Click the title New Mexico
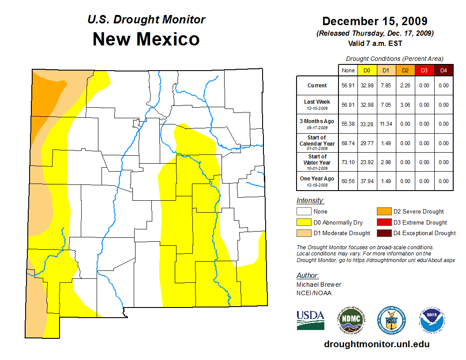click(x=146, y=39)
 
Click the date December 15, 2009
click(x=375, y=21)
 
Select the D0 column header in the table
click(x=367, y=70)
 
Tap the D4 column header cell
click(x=443, y=70)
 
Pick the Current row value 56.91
click(x=348, y=86)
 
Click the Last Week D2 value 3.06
click(x=405, y=105)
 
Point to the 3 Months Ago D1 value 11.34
click(x=386, y=124)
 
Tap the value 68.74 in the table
click(x=348, y=143)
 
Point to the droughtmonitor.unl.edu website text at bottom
click(x=376, y=344)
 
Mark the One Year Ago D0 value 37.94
click(x=367, y=181)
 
